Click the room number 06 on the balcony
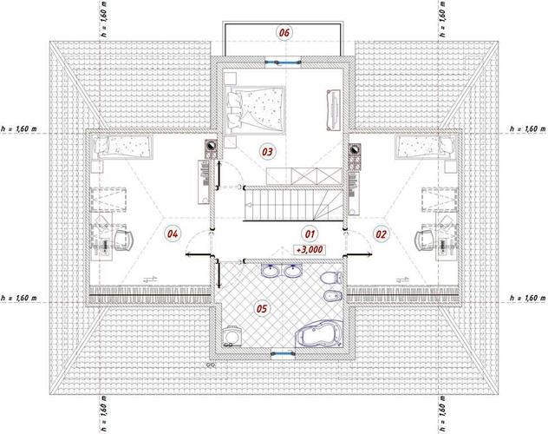284,32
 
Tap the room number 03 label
267,152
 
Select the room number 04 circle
173,233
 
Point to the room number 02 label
381,233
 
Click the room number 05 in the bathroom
262,308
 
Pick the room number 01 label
310,233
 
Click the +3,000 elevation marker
310,250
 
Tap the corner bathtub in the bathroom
319,334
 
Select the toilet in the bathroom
330,278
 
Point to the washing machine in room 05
230,336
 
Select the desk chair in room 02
425,240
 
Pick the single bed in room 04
121,147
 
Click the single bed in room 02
427,147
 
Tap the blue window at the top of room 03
283,62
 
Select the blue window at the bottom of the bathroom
283,353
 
